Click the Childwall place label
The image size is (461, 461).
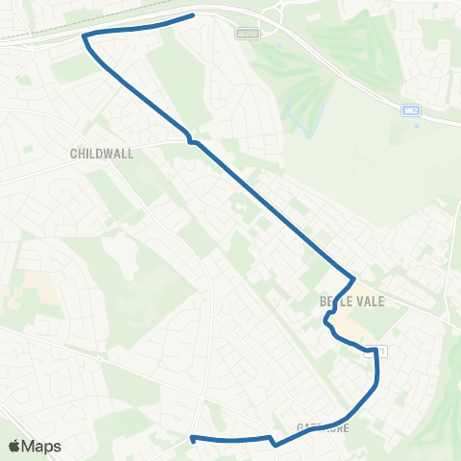(102, 153)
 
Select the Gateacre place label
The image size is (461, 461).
(324, 427)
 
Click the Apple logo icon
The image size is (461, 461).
(14, 446)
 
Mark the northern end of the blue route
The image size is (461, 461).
(193, 14)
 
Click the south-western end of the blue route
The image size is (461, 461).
(193, 439)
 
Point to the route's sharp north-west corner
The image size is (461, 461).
(85, 36)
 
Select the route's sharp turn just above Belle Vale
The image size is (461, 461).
(354, 279)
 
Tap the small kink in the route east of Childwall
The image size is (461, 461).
(192, 140)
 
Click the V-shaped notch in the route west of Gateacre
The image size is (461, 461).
(276, 445)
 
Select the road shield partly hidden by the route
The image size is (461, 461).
(381, 352)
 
